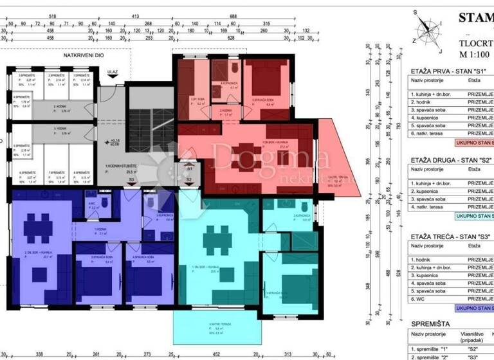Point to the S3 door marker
click(x=131, y=181)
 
